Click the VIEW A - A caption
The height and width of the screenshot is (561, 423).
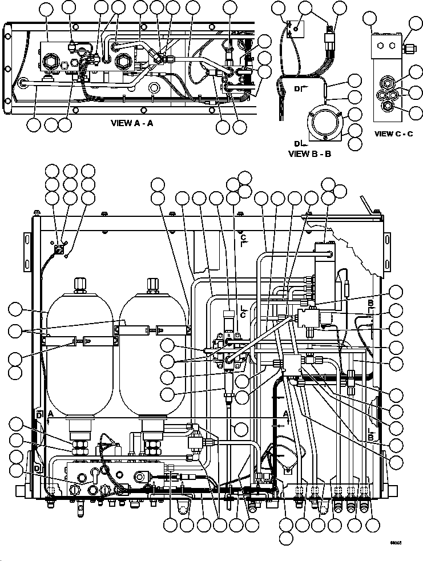pyautogui.click(x=143, y=122)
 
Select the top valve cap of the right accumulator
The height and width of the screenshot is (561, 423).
pyautogui.click(x=152, y=284)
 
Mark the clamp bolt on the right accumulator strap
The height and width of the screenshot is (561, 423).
pyautogui.click(x=153, y=329)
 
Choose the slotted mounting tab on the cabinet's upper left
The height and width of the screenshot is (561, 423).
pyautogui.click(x=25, y=245)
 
